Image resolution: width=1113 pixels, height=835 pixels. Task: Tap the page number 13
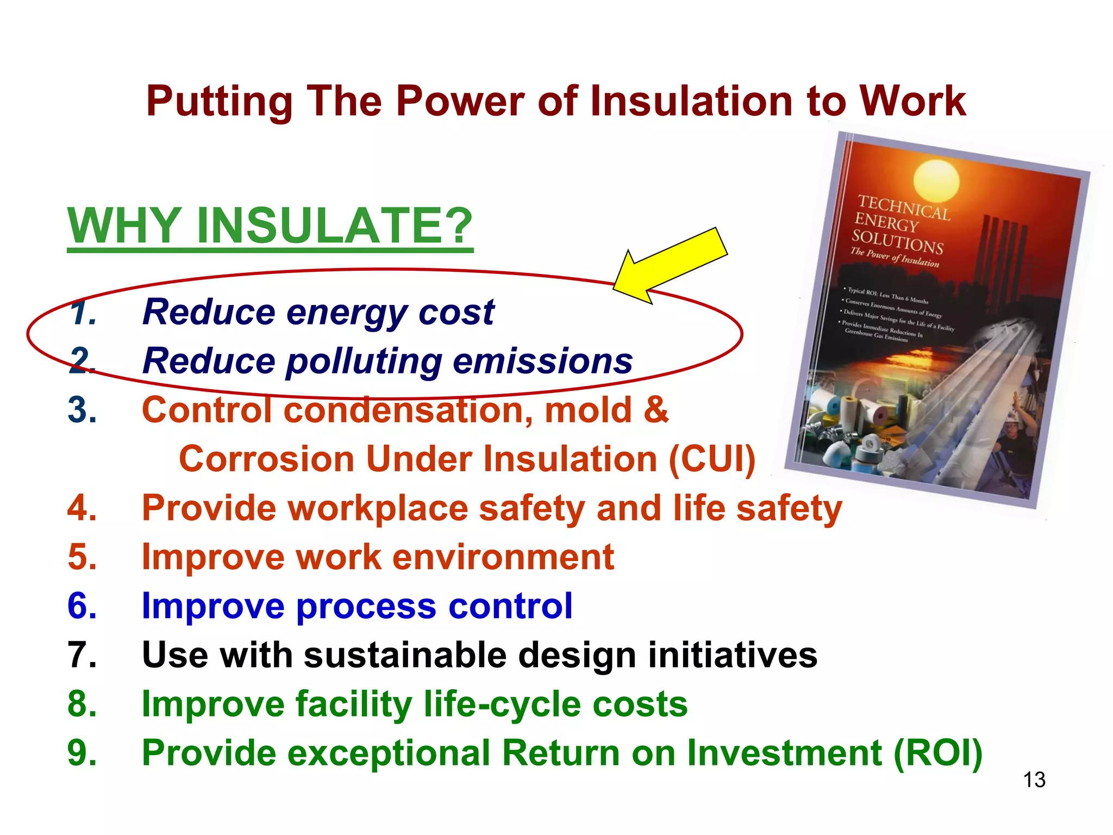1034,780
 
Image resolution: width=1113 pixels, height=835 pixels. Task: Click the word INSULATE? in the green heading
334,226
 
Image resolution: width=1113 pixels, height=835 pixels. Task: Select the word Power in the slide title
460,102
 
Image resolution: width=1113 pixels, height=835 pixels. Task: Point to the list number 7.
82,655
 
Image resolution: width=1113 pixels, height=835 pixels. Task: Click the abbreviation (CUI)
711,459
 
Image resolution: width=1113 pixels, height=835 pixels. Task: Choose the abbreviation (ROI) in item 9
937,753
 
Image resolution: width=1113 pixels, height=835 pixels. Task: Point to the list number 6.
82,606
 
